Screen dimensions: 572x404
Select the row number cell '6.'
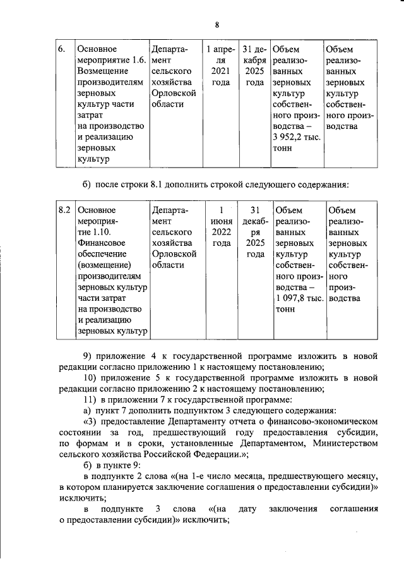point(61,49)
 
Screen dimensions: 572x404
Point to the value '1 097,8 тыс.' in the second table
point(295,299)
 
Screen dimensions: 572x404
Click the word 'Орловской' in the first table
point(174,94)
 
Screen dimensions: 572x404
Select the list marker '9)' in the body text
point(89,355)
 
